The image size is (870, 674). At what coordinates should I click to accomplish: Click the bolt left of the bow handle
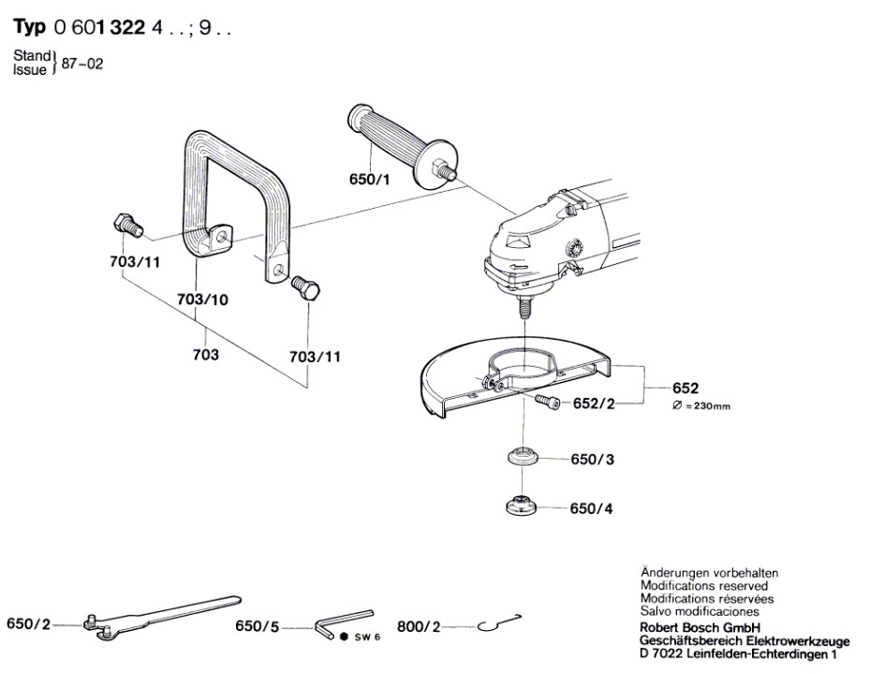[125, 225]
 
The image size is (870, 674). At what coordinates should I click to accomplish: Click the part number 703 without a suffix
[207, 356]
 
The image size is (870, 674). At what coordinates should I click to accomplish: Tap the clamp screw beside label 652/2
[547, 402]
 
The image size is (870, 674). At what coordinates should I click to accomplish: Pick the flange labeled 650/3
[521, 459]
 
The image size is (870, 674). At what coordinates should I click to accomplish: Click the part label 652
[686, 388]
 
